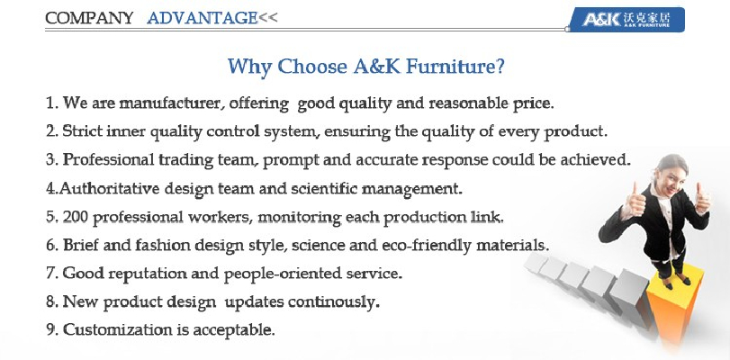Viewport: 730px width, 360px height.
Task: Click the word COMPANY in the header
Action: tap(89, 18)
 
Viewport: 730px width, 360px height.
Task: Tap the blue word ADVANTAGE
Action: tap(202, 18)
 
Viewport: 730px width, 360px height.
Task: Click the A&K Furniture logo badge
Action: tap(627, 20)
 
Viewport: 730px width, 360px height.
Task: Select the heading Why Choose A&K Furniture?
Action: tap(366, 66)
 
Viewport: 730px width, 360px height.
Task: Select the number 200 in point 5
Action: tap(75, 217)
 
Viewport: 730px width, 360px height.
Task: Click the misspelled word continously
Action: tap(332, 302)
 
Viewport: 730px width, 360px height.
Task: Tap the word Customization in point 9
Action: tap(118, 330)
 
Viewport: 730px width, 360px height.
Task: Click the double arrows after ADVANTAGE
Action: tap(267, 18)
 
